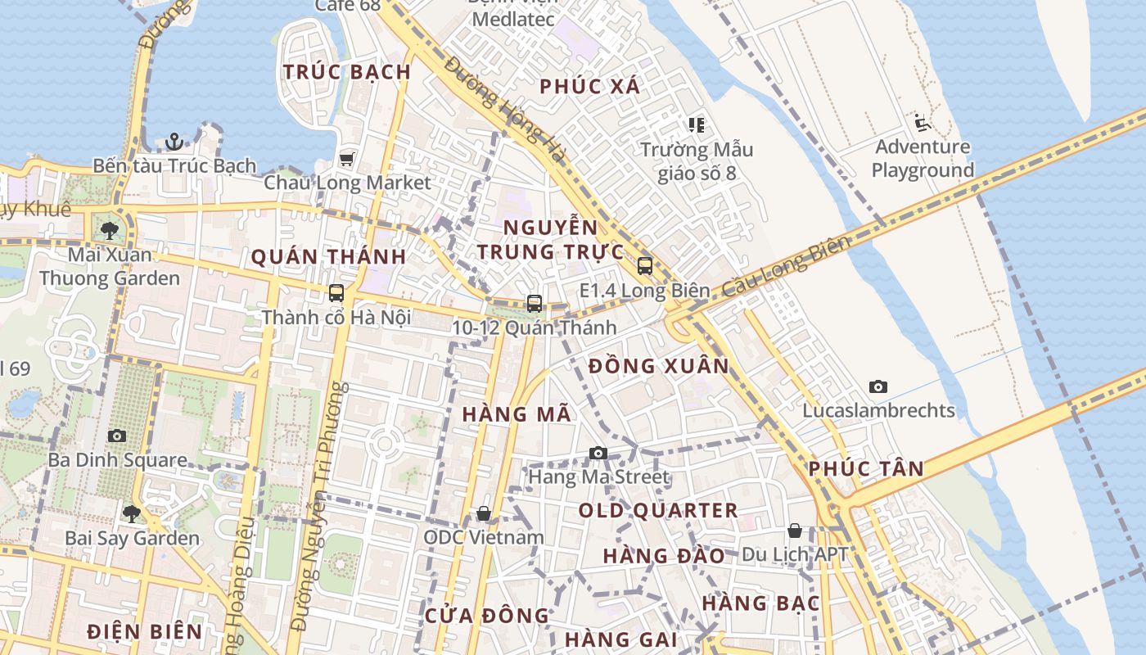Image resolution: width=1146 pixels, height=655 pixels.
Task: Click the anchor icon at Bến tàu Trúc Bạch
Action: [174, 142]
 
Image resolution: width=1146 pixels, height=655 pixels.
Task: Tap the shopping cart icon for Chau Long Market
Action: [347, 158]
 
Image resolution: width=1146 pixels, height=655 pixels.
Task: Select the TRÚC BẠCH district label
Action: [347, 72]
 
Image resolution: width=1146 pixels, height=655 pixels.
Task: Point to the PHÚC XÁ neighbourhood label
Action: [589, 86]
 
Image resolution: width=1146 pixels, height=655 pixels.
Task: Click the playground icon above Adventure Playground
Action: [922, 124]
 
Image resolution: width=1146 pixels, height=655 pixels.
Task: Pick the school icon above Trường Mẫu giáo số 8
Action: [697, 125]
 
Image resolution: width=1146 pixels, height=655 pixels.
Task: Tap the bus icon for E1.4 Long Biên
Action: [645, 265]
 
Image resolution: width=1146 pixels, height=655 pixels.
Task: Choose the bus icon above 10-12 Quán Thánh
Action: [535, 303]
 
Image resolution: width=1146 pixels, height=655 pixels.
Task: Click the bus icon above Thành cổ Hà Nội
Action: [336, 292]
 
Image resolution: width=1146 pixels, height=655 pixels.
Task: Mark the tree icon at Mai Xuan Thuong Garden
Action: [110, 230]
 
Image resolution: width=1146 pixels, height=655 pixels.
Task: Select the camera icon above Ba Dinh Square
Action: [117, 436]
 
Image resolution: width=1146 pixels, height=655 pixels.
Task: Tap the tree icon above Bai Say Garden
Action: [131, 514]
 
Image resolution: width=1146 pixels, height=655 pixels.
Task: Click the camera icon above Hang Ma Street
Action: [598, 453]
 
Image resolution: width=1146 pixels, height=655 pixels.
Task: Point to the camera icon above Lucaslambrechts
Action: [878, 386]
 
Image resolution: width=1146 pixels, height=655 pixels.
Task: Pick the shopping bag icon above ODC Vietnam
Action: [484, 513]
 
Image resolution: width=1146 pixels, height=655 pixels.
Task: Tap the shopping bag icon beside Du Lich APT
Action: [794, 531]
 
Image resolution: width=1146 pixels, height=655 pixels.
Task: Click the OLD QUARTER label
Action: [658, 511]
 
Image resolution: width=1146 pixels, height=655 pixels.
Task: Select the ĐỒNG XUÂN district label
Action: [658, 366]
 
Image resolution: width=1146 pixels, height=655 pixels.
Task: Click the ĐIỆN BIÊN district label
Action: [145, 631]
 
